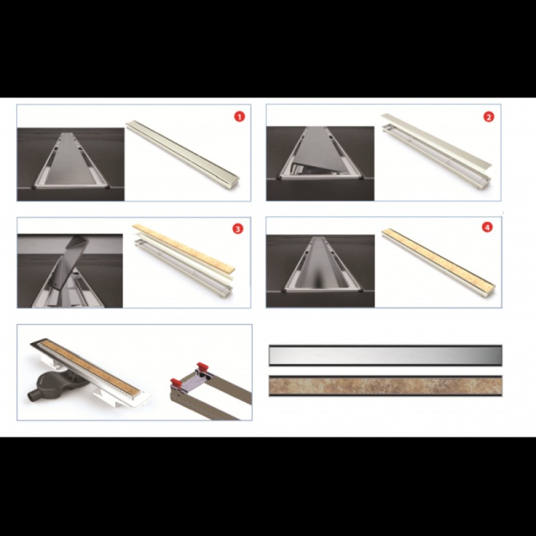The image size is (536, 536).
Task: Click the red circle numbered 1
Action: pyautogui.click(x=239, y=117)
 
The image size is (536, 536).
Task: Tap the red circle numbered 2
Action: pyautogui.click(x=488, y=117)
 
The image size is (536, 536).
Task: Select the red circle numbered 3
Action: pyautogui.click(x=238, y=229)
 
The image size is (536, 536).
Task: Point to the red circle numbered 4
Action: pyautogui.click(x=487, y=227)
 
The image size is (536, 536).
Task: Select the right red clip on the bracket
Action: pyautogui.click(x=202, y=366)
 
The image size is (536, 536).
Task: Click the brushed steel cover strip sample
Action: pyautogui.click(x=385, y=356)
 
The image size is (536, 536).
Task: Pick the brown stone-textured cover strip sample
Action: pyautogui.click(x=385, y=386)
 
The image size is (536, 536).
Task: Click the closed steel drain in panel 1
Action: pyautogui.click(x=183, y=152)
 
